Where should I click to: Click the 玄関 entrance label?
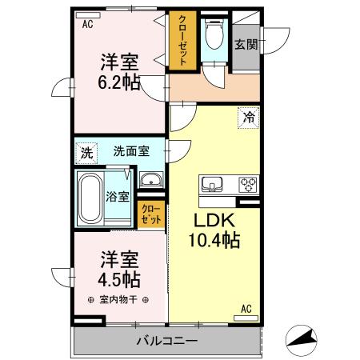tap(246, 45)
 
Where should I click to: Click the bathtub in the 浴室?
tap(89, 196)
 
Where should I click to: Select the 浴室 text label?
tap(118, 197)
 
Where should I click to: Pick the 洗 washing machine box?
tap(86, 150)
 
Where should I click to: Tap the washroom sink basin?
tap(150, 179)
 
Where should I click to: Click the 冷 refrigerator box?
tap(247, 117)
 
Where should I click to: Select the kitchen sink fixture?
tap(213, 185)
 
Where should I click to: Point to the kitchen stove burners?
tap(247, 185)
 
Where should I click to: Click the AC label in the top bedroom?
tap(87, 24)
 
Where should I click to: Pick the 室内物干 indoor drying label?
tap(114, 301)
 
